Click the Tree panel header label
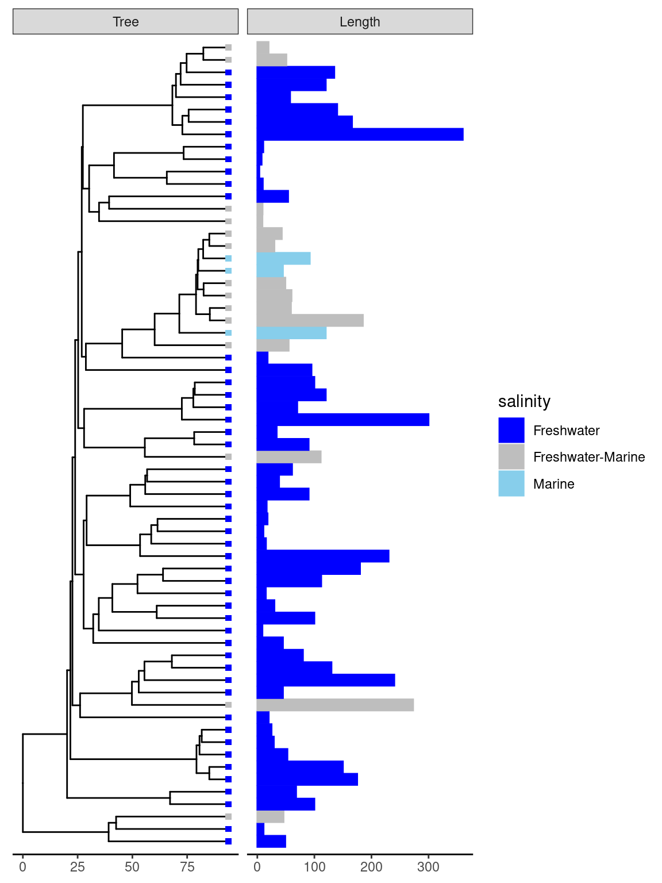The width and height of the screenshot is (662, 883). pyautogui.click(x=125, y=22)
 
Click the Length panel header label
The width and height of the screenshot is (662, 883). pyautogui.click(x=360, y=22)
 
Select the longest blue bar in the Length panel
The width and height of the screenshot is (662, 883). pyautogui.click(x=360, y=135)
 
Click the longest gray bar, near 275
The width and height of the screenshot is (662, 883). pyautogui.click(x=335, y=705)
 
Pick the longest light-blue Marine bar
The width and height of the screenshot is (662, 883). pyautogui.click(x=291, y=333)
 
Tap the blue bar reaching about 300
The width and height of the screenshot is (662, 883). pyautogui.click(x=342, y=420)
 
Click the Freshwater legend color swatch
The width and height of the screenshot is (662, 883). pyautogui.click(x=511, y=430)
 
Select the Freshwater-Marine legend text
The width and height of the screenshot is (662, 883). pyautogui.click(x=588, y=457)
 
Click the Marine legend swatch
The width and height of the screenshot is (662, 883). pyautogui.click(x=511, y=483)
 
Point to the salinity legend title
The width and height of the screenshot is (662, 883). pyautogui.click(x=524, y=401)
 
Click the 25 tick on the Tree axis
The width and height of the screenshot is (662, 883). pyautogui.click(x=78, y=867)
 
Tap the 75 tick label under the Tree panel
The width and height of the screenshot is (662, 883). pyautogui.click(x=187, y=867)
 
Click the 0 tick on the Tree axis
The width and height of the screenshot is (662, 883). pyautogui.click(x=22, y=867)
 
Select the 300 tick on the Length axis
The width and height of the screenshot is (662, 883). pyautogui.click(x=428, y=867)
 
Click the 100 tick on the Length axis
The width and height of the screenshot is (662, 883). pyautogui.click(x=314, y=867)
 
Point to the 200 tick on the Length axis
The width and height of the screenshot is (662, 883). pyautogui.click(x=371, y=867)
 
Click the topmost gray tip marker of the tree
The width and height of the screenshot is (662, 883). pyautogui.click(x=228, y=48)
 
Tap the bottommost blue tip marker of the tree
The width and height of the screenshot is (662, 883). pyautogui.click(x=228, y=842)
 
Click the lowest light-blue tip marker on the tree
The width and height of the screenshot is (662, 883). pyautogui.click(x=228, y=333)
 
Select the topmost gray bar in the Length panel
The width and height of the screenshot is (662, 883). pyautogui.click(x=263, y=48)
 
